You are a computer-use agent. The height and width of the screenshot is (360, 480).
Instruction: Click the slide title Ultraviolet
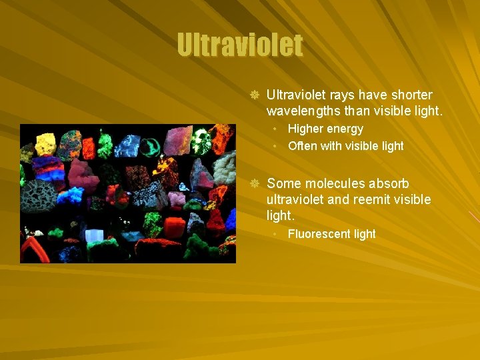point(240,46)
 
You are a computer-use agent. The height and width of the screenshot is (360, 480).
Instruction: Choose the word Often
point(303,145)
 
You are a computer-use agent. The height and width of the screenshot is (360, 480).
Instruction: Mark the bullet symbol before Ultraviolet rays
point(253,95)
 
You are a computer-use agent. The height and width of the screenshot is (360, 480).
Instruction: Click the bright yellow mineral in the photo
point(45,142)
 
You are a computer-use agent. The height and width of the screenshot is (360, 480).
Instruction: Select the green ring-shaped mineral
point(152,143)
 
